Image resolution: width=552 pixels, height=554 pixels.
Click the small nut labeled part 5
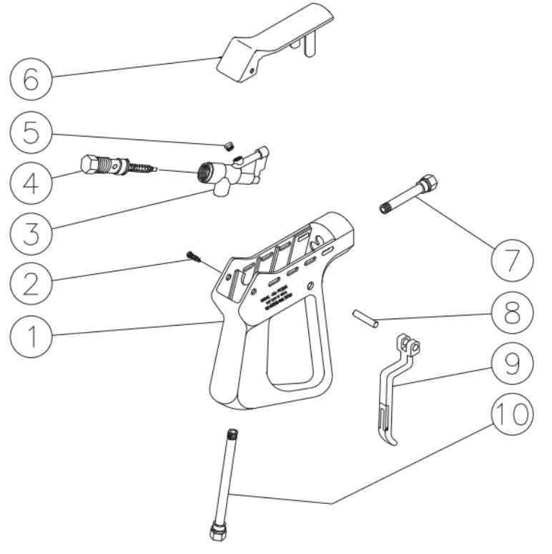coord(230,146)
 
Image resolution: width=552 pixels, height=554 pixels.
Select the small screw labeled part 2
coord(191,255)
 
